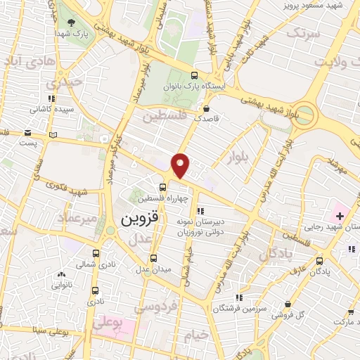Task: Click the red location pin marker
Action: [x=181, y=165]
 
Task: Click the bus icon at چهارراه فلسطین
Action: [x=162, y=187]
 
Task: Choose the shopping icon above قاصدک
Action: [x=205, y=108]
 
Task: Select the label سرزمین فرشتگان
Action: [x=240, y=308]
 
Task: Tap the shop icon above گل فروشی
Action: [x=287, y=304]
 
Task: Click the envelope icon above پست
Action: [x=27, y=132]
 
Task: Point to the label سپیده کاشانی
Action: [x=49, y=110]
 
